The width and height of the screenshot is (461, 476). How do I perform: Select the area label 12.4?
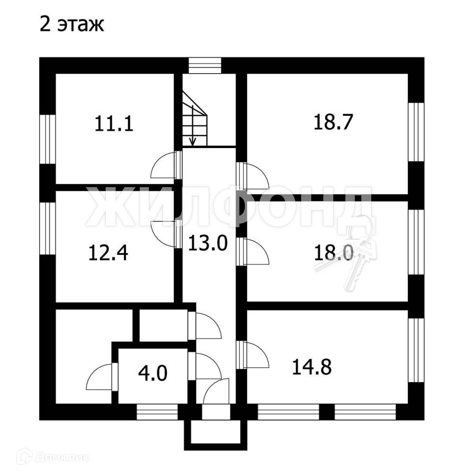(x=108, y=253)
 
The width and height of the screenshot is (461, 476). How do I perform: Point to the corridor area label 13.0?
(x=207, y=243)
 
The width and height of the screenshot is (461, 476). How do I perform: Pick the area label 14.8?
(x=312, y=367)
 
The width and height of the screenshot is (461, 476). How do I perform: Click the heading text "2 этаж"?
(x=72, y=25)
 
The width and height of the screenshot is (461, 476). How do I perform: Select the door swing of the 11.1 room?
(x=164, y=165)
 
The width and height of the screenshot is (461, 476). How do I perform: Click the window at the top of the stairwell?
(x=204, y=66)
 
